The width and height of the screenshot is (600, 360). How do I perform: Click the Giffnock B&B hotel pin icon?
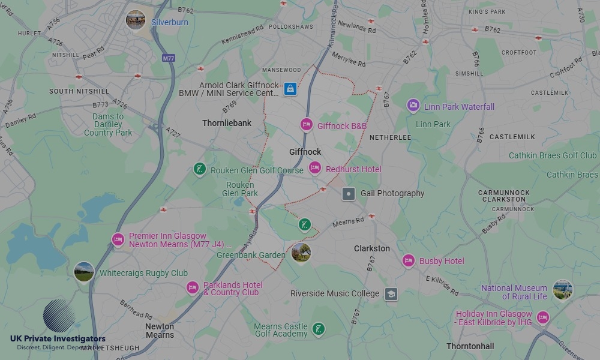click(x=307, y=125)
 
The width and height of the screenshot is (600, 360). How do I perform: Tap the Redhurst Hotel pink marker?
click(x=315, y=169)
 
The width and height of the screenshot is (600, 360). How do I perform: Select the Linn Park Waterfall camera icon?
click(x=413, y=106)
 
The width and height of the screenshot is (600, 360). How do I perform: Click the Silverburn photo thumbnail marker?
click(x=136, y=20)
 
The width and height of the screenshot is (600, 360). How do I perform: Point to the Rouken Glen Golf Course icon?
click(x=200, y=170)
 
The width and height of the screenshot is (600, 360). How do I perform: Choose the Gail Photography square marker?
click(x=349, y=194)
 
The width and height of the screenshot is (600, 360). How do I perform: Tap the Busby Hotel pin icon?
click(x=409, y=261)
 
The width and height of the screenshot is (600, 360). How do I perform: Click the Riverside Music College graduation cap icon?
click(x=391, y=294)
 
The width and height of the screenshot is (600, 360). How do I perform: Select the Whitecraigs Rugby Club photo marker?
click(x=84, y=272)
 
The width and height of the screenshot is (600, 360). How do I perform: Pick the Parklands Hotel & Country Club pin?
click(x=192, y=288)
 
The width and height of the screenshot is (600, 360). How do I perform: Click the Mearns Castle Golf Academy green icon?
click(x=319, y=329)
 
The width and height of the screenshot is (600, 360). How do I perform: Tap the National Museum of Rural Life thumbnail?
click(x=562, y=290)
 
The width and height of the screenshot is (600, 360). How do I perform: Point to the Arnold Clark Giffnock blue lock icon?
click(x=290, y=89)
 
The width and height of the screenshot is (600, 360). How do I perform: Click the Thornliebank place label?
click(x=227, y=123)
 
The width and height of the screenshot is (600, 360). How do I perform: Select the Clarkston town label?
click(x=371, y=248)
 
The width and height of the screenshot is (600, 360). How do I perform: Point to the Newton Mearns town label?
click(x=160, y=331)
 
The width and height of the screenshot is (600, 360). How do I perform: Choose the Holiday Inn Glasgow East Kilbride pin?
click(x=543, y=317)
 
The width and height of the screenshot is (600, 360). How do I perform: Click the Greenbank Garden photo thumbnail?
click(x=301, y=253)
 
